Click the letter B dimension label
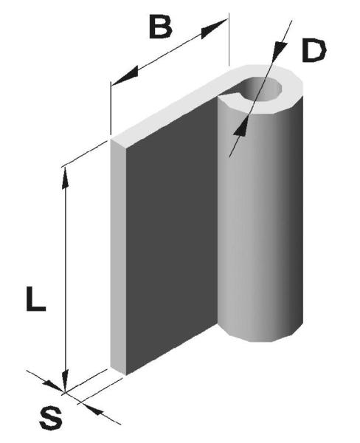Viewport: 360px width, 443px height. pos(160,27)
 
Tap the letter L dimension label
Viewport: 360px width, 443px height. pos(35,298)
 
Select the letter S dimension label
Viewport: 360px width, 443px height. pos(51,422)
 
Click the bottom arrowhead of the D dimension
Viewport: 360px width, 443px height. pos(241,127)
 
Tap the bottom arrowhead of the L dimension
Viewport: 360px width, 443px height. pos(65,382)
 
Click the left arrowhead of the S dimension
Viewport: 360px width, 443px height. pos(54,386)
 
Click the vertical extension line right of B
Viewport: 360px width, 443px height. pos(229,40)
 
